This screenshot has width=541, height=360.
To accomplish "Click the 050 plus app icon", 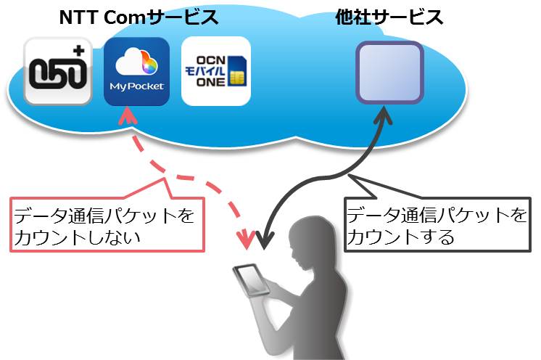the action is pos(58,71).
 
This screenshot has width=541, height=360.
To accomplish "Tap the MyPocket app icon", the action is pos(136,71).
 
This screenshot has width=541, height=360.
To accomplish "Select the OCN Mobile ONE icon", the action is pos(216,71).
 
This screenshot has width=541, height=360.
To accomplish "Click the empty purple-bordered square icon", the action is pos(390,72).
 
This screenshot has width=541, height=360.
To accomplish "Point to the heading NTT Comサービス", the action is pos(139,17).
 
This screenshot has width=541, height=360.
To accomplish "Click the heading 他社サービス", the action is pos(389,17).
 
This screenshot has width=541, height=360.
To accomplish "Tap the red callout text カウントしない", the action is pos(78,237).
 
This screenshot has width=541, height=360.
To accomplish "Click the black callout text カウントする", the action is pos(400,237).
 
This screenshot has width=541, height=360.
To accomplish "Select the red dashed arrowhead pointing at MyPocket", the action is pos(128,115).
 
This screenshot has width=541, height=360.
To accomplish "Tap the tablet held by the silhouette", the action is pos(251,280).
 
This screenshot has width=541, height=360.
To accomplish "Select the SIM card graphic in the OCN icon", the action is pos(236,70).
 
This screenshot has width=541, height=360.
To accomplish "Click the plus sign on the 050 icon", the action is pos(78,51).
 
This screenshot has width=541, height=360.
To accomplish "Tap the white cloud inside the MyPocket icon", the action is pos(132,62).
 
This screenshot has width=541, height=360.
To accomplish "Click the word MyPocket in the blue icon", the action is pos(136,86).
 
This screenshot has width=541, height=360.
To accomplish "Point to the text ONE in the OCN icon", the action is pos(210,82).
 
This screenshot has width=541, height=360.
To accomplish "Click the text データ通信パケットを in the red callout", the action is pos(104,216).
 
